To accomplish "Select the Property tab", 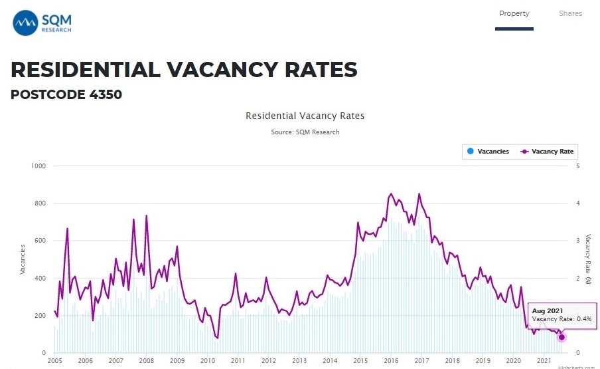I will pyautogui.click(x=514, y=13).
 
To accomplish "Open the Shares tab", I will pyautogui.click(x=570, y=13).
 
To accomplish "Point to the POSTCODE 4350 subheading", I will pyautogui.click(x=66, y=94).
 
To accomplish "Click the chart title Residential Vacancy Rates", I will pyautogui.click(x=305, y=116).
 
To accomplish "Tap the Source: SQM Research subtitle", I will pyautogui.click(x=305, y=132).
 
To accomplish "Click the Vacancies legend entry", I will pyautogui.click(x=488, y=152).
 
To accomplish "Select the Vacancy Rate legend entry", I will pyautogui.click(x=548, y=152).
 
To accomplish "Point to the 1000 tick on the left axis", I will pyautogui.click(x=37, y=166).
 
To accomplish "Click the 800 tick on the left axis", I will pyautogui.click(x=39, y=203).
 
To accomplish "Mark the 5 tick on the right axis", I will pyautogui.click(x=578, y=166).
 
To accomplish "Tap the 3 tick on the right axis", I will pyautogui.click(x=578, y=241).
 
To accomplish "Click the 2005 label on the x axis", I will pyautogui.click(x=54, y=360).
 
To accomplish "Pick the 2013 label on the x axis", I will pyautogui.click(x=299, y=360).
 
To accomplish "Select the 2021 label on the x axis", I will pyautogui.click(x=544, y=360).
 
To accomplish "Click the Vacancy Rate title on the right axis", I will pyautogui.click(x=588, y=259).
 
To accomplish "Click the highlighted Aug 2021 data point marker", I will pyautogui.click(x=562, y=337).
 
